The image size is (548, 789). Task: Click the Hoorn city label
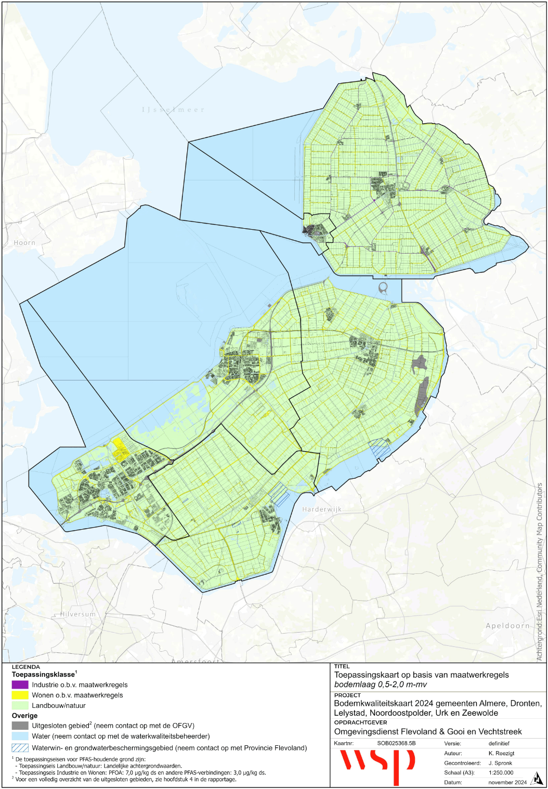pos(24,243)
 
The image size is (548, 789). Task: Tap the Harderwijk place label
pos(322,509)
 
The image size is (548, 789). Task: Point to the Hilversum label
pos(78,614)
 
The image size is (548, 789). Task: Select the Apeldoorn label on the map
pos(507,626)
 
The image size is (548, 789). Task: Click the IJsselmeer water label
pos(174,110)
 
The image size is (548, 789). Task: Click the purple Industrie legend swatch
pos(20,685)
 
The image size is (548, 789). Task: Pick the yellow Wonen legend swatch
pos(20,695)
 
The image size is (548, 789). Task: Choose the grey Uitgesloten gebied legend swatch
pos(20,726)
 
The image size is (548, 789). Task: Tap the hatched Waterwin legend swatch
pos(20,748)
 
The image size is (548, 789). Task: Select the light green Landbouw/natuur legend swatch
pos(20,705)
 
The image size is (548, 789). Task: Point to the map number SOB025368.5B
pos(396,743)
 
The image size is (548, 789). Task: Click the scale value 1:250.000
pos(501,772)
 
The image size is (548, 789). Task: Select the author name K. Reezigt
pos(501,753)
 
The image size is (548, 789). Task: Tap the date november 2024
pos(507,782)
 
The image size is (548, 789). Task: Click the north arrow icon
pos(536,779)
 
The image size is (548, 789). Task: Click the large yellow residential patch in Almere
pos(121,450)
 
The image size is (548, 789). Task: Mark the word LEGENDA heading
pos(25,667)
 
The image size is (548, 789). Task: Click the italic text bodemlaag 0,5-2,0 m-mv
pos(380,685)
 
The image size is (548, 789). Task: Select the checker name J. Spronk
pos(500,763)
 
